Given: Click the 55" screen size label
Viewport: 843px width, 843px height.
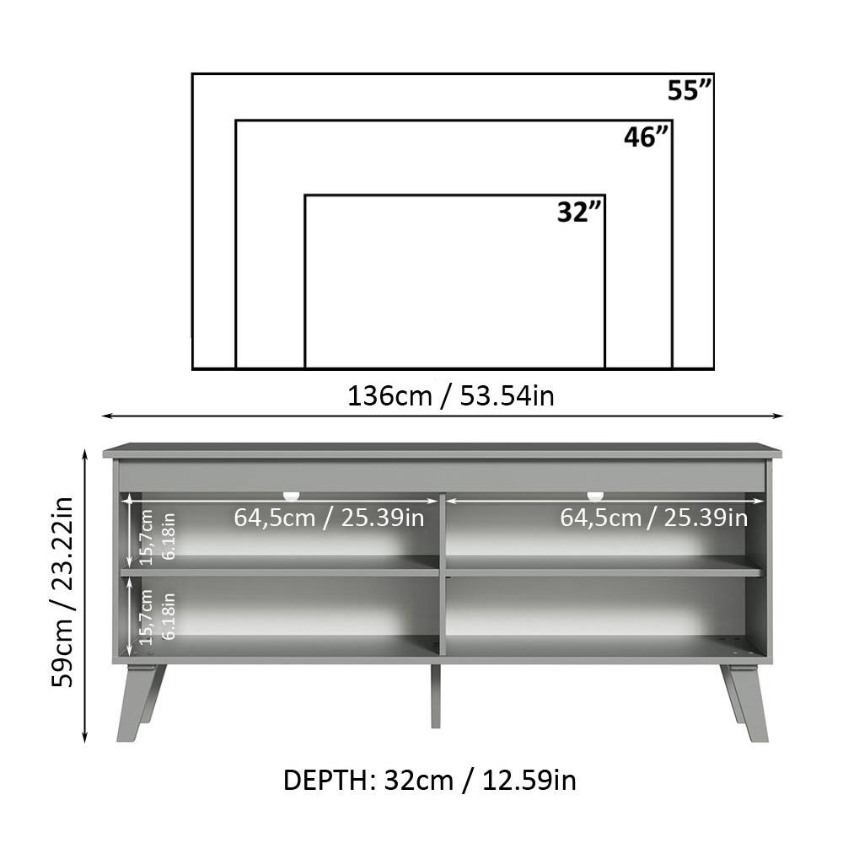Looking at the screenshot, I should point(690,90).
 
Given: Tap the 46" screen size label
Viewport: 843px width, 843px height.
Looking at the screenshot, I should point(647,137).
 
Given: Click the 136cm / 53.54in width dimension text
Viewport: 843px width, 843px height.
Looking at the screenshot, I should point(451,395).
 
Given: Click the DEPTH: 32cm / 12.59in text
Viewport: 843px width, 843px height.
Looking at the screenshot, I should point(430,780).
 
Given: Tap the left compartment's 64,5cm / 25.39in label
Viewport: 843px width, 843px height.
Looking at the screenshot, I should point(329,517).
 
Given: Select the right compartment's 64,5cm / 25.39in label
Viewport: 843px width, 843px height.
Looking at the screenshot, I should point(654,517).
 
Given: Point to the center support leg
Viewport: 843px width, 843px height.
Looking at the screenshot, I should point(435,695).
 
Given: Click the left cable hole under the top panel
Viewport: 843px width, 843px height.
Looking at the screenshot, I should point(292,495).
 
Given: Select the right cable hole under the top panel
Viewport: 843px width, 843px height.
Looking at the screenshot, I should point(595,495).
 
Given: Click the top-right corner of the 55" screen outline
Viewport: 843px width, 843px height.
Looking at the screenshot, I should point(713,74).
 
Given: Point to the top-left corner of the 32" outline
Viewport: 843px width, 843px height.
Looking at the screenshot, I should point(305,196).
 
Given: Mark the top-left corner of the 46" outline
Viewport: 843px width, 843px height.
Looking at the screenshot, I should point(236,121).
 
